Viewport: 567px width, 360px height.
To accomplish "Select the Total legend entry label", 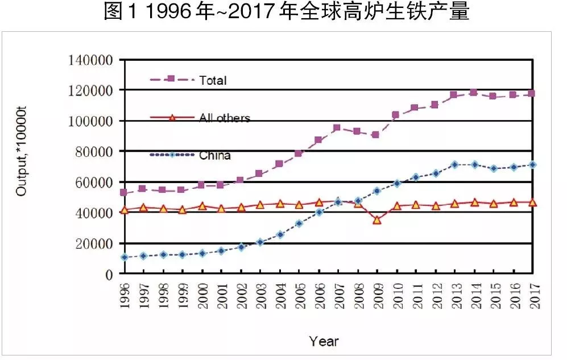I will [x=213, y=80].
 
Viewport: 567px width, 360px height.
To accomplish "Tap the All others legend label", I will [x=225, y=118].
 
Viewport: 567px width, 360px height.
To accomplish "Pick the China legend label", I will [x=215, y=155].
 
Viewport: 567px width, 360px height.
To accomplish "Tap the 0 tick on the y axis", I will [x=109, y=274].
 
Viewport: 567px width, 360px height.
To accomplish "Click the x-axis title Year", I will [x=324, y=341].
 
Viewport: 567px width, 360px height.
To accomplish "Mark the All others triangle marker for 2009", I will [x=376, y=220].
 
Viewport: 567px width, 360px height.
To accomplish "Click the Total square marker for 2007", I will [x=337, y=127].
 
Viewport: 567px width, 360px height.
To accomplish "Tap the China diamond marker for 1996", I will [x=125, y=257].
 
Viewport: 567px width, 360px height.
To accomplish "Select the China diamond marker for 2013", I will [x=454, y=165].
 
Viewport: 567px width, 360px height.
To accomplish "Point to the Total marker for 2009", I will [x=376, y=135].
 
